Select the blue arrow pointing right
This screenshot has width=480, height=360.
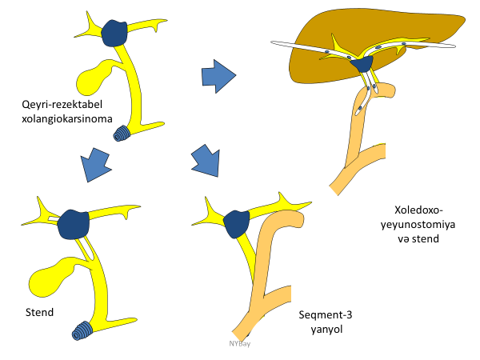point(218,76)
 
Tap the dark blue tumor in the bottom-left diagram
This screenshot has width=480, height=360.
point(77,222)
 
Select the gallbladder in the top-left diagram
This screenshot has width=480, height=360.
point(94,77)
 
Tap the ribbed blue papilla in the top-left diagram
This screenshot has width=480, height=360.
point(123,134)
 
